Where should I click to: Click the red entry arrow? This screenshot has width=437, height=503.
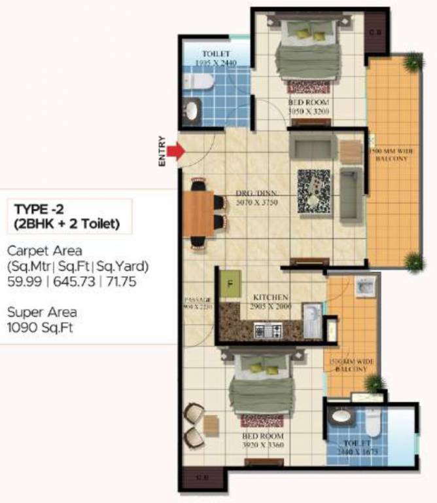pyautogui.click(x=175, y=152)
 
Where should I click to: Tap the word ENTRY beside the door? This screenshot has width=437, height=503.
pyautogui.click(x=162, y=152)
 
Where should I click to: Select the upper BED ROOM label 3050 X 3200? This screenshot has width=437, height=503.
pyautogui.click(x=309, y=107)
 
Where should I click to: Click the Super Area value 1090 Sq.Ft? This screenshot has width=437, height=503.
pyautogui.click(x=40, y=327)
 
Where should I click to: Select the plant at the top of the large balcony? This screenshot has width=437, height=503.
pyautogui.click(x=413, y=62)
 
